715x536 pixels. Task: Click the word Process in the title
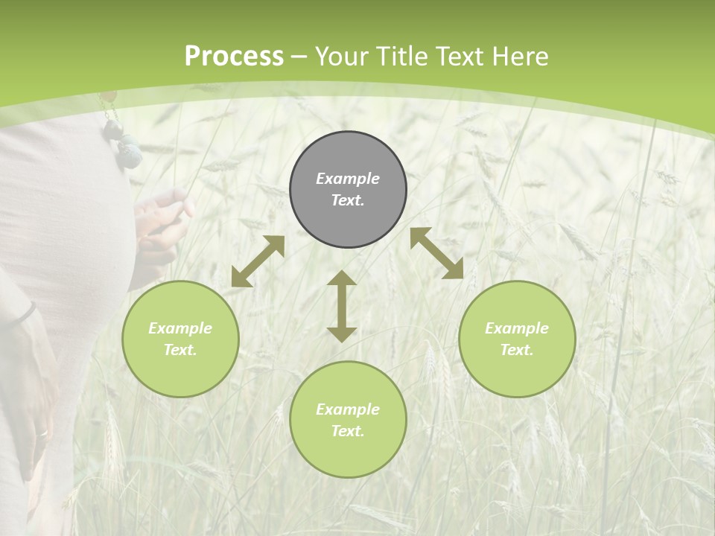234,57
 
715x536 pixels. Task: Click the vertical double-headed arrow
342,306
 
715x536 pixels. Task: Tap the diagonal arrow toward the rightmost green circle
437,253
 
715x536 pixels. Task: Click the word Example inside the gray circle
348,179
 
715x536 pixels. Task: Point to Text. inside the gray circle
348,200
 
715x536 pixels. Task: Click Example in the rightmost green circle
517,328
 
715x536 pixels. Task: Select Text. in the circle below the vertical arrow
348,431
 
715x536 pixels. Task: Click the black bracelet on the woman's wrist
24,314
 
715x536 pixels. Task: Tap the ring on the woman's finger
42,433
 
